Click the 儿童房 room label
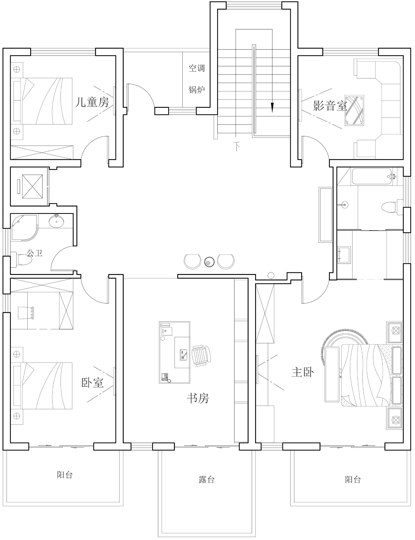click(92, 102)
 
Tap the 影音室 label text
click(330, 106)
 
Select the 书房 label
click(198, 398)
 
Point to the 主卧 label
click(303, 372)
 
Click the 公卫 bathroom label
click(35, 253)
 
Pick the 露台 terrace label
click(207, 480)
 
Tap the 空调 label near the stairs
click(197, 68)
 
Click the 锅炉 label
click(197, 89)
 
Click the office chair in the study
click(201, 355)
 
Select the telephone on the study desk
click(165, 377)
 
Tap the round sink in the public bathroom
click(56, 221)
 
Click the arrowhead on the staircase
click(272, 108)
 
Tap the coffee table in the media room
click(354, 111)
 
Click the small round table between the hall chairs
click(209, 262)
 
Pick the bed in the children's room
click(41, 101)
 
